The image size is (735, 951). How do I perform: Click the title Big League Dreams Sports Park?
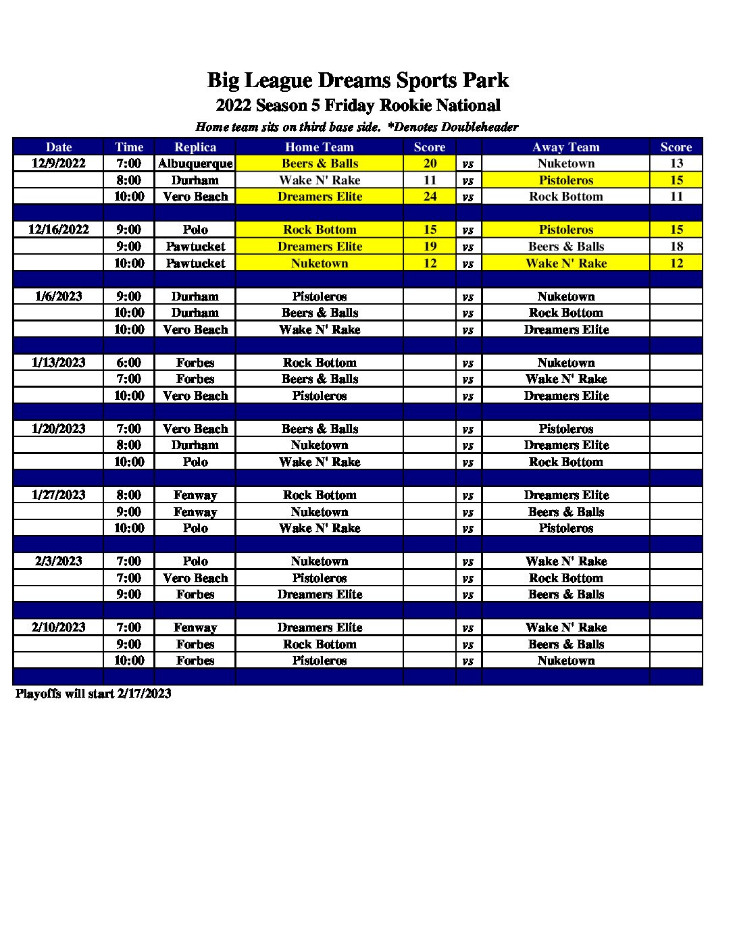[x=357, y=80]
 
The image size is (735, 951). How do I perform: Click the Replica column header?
[x=195, y=147]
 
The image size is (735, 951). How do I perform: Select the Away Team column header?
[x=565, y=147]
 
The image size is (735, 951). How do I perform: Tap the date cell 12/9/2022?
[x=59, y=163]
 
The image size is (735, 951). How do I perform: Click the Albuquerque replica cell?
[x=195, y=163]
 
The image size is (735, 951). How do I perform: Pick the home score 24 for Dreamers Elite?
[x=430, y=197]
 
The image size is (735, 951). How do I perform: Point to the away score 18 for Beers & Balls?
[x=676, y=247]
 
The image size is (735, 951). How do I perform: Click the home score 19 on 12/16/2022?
[x=430, y=247]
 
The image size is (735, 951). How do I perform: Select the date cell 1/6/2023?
[x=59, y=297]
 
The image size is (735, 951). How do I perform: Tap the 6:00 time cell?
[x=129, y=363]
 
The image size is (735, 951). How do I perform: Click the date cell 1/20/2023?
[x=59, y=429]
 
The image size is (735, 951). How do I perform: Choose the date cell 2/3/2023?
[x=59, y=561]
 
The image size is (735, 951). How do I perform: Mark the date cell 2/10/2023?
[x=59, y=627]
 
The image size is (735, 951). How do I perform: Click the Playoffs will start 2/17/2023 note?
[x=93, y=694]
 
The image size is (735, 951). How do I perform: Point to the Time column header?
[x=129, y=147]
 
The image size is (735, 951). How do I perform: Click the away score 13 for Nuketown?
[x=676, y=163]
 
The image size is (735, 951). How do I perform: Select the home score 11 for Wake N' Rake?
[x=430, y=180]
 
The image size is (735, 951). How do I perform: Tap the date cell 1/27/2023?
[x=59, y=495]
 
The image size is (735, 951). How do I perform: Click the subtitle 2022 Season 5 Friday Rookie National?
[x=358, y=105]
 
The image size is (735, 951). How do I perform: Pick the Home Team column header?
[x=320, y=147]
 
